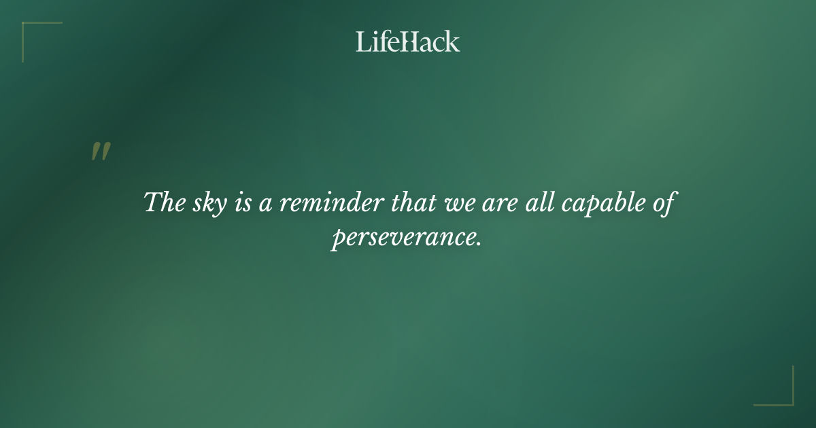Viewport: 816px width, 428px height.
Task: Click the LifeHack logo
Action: point(408,41)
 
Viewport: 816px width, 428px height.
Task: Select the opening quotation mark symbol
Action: point(100,151)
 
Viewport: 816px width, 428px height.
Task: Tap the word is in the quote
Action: point(242,203)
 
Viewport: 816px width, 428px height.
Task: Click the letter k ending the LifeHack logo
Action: point(453,42)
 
